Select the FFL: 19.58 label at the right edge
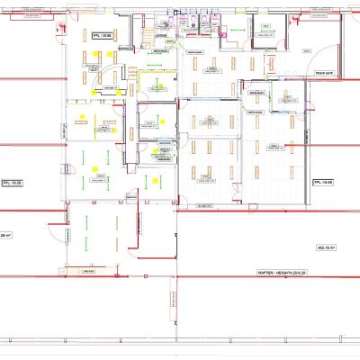coord(323,182)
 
